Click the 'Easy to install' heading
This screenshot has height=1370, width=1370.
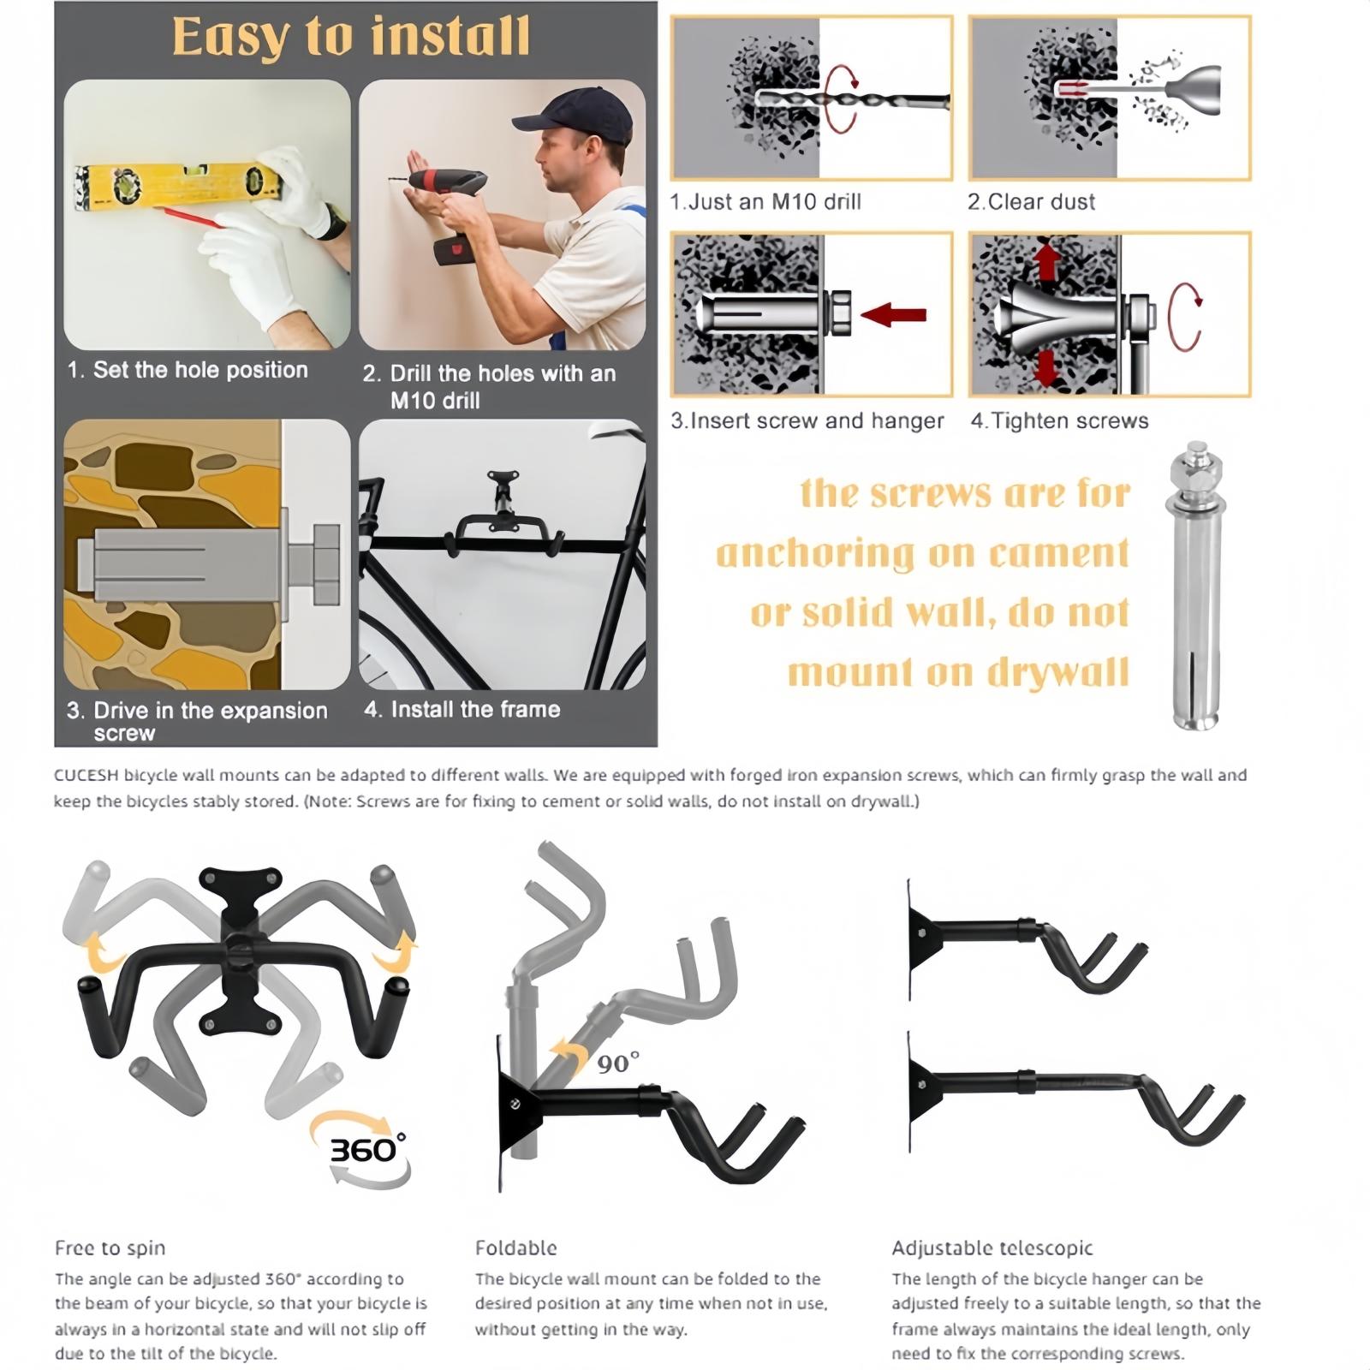tap(351, 38)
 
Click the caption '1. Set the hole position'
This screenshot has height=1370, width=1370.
tap(188, 370)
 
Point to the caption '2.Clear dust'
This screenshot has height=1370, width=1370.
tap(1032, 202)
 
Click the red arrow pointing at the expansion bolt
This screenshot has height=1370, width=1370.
tap(893, 315)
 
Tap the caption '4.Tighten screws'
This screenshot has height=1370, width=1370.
tap(1059, 421)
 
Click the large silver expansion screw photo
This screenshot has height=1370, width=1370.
tap(1195, 587)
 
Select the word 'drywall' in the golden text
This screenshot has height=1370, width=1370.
tap(1058, 673)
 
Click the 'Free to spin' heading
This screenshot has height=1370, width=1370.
tap(110, 1248)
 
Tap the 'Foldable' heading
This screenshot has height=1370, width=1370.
tap(516, 1248)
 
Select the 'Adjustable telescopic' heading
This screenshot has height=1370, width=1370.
tap(992, 1248)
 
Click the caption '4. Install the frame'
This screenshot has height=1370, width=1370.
tap(462, 709)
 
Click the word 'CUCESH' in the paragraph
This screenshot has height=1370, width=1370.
tap(86, 775)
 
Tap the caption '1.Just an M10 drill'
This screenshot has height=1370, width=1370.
tap(765, 202)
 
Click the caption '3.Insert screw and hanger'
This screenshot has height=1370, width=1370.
tap(807, 421)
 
